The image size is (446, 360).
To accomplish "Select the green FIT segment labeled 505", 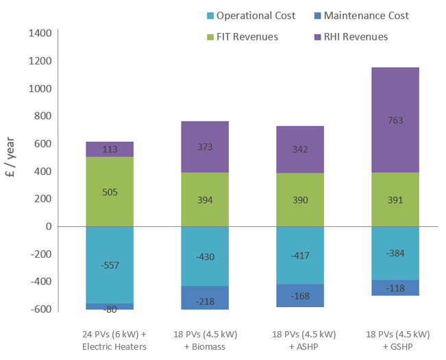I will coord(110,192).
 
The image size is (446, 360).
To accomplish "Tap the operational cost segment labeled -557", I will coord(110,265).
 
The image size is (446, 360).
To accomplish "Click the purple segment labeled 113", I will coord(110,149).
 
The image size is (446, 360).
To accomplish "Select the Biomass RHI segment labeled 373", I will coord(205,147).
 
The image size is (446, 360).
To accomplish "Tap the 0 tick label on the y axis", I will coord(49,226).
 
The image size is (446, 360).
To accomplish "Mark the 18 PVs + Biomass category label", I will coord(204,340).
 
